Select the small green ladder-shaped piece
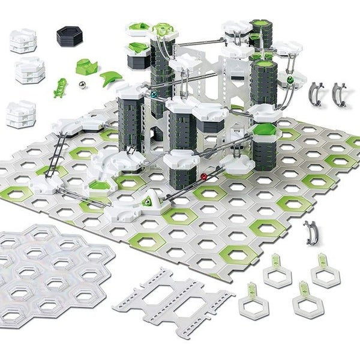(61, 86)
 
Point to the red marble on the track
(205, 177)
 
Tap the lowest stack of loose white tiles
(20, 113)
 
